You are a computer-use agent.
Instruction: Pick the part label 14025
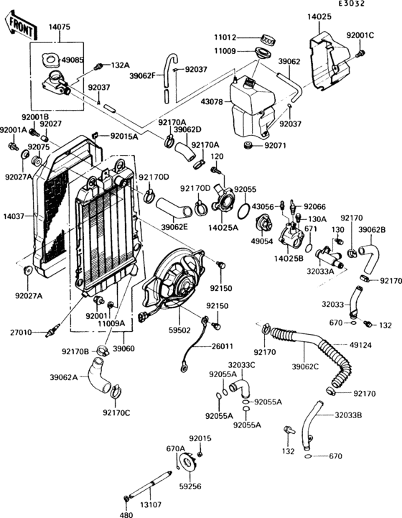(320, 15)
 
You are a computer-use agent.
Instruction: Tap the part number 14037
(14, 215)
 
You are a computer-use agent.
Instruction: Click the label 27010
(21, 333)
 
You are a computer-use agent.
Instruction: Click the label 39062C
(305, 367)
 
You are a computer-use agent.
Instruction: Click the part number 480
(126, 514)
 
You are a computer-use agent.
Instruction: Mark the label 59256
(190, 486)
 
